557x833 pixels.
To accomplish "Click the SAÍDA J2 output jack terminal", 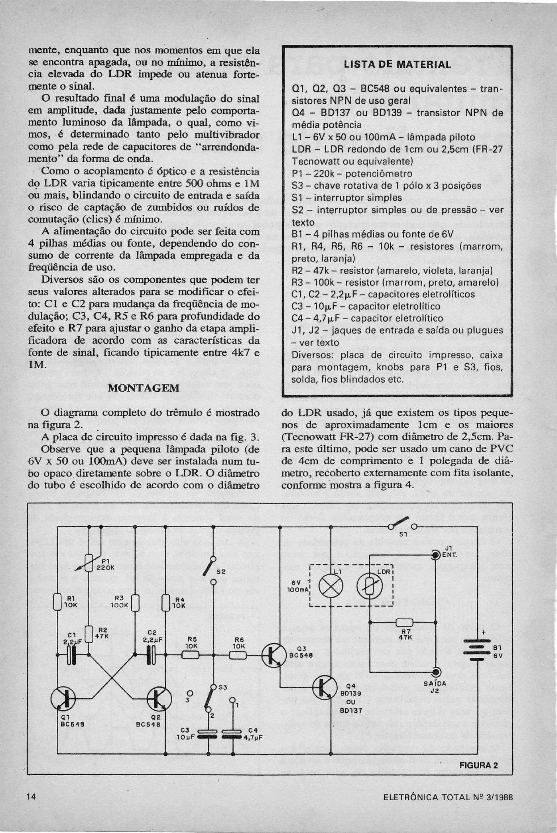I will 436,672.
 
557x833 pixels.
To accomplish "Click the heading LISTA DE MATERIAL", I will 397,65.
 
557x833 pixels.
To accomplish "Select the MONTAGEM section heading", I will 144,388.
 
